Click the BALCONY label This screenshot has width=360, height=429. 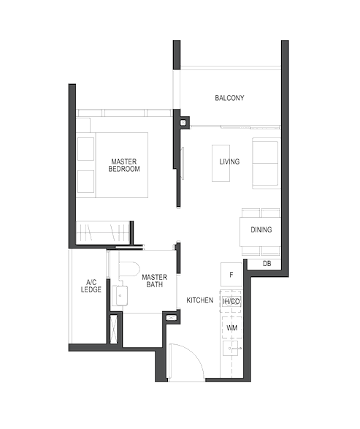[229, 98]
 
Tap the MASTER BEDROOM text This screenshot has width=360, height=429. [124, 165]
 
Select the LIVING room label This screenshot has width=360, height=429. [229, 162]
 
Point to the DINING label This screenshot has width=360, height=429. [261, 229]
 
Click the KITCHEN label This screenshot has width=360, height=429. [200, 300]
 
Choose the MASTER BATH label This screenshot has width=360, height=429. [154, 281]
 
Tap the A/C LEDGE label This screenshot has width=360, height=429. [91, 286]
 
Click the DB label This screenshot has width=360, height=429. [267, 264]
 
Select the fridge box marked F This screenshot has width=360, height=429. [231, 274]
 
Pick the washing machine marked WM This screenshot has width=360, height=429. [231, 327]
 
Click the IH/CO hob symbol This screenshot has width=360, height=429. [231, 302]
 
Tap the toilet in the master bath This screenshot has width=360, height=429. [129, 269]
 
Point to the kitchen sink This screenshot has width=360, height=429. [231, 348]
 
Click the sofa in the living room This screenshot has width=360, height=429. [266, 163]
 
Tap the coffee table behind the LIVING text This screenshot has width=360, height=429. [221, 163]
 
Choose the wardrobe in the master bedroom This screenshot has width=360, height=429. [103, 232]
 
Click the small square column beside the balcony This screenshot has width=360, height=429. [183, 123]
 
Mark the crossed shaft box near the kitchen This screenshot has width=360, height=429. [172, 317]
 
